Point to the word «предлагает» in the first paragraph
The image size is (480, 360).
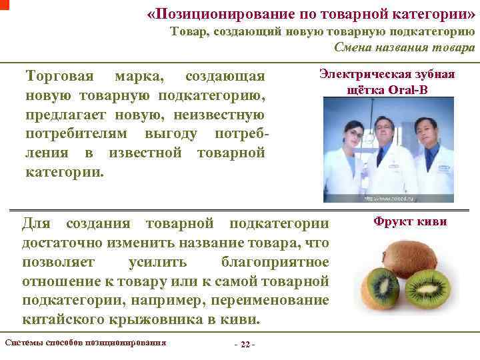pos(63,115)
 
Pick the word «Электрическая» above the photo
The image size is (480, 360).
pos(364,74)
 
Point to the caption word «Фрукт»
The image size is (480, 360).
pos(391,222)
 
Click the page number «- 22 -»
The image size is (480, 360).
pos(245,345)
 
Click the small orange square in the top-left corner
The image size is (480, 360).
pos(3,3)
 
